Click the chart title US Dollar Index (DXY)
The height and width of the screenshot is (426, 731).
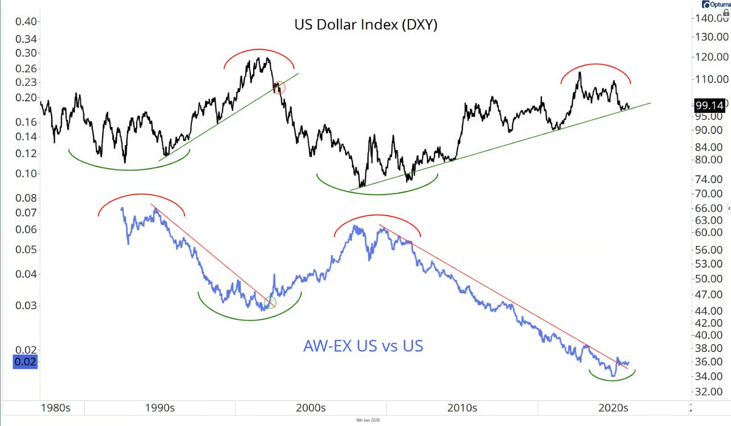(x=365, y=24)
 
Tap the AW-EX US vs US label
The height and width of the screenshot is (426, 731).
(x=363, y=346)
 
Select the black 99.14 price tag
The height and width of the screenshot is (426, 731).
(x=709, y=105)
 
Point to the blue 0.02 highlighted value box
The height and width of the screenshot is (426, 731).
(x=25, y=362)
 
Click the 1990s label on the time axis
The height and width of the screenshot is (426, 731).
(x=159, y=408)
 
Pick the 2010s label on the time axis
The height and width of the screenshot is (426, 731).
(x=462, y=408)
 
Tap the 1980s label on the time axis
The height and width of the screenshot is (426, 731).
(x=56, y=408)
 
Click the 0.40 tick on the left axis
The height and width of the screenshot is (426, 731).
(x=26, y=21)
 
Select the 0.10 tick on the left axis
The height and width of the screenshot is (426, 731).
(x=26, y=174)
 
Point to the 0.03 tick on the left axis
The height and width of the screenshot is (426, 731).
(x=26, y=305)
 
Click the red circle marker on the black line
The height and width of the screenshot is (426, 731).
(x=279, y=88)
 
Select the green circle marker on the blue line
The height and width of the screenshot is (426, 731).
(x=270, y=302)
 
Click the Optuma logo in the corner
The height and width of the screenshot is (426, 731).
(x=716, y=4)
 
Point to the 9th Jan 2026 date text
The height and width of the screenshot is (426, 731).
(x=368, y=420)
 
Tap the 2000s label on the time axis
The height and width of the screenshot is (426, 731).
(x=311, y=408)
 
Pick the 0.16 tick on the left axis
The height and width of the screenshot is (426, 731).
(x=26, y=122)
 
